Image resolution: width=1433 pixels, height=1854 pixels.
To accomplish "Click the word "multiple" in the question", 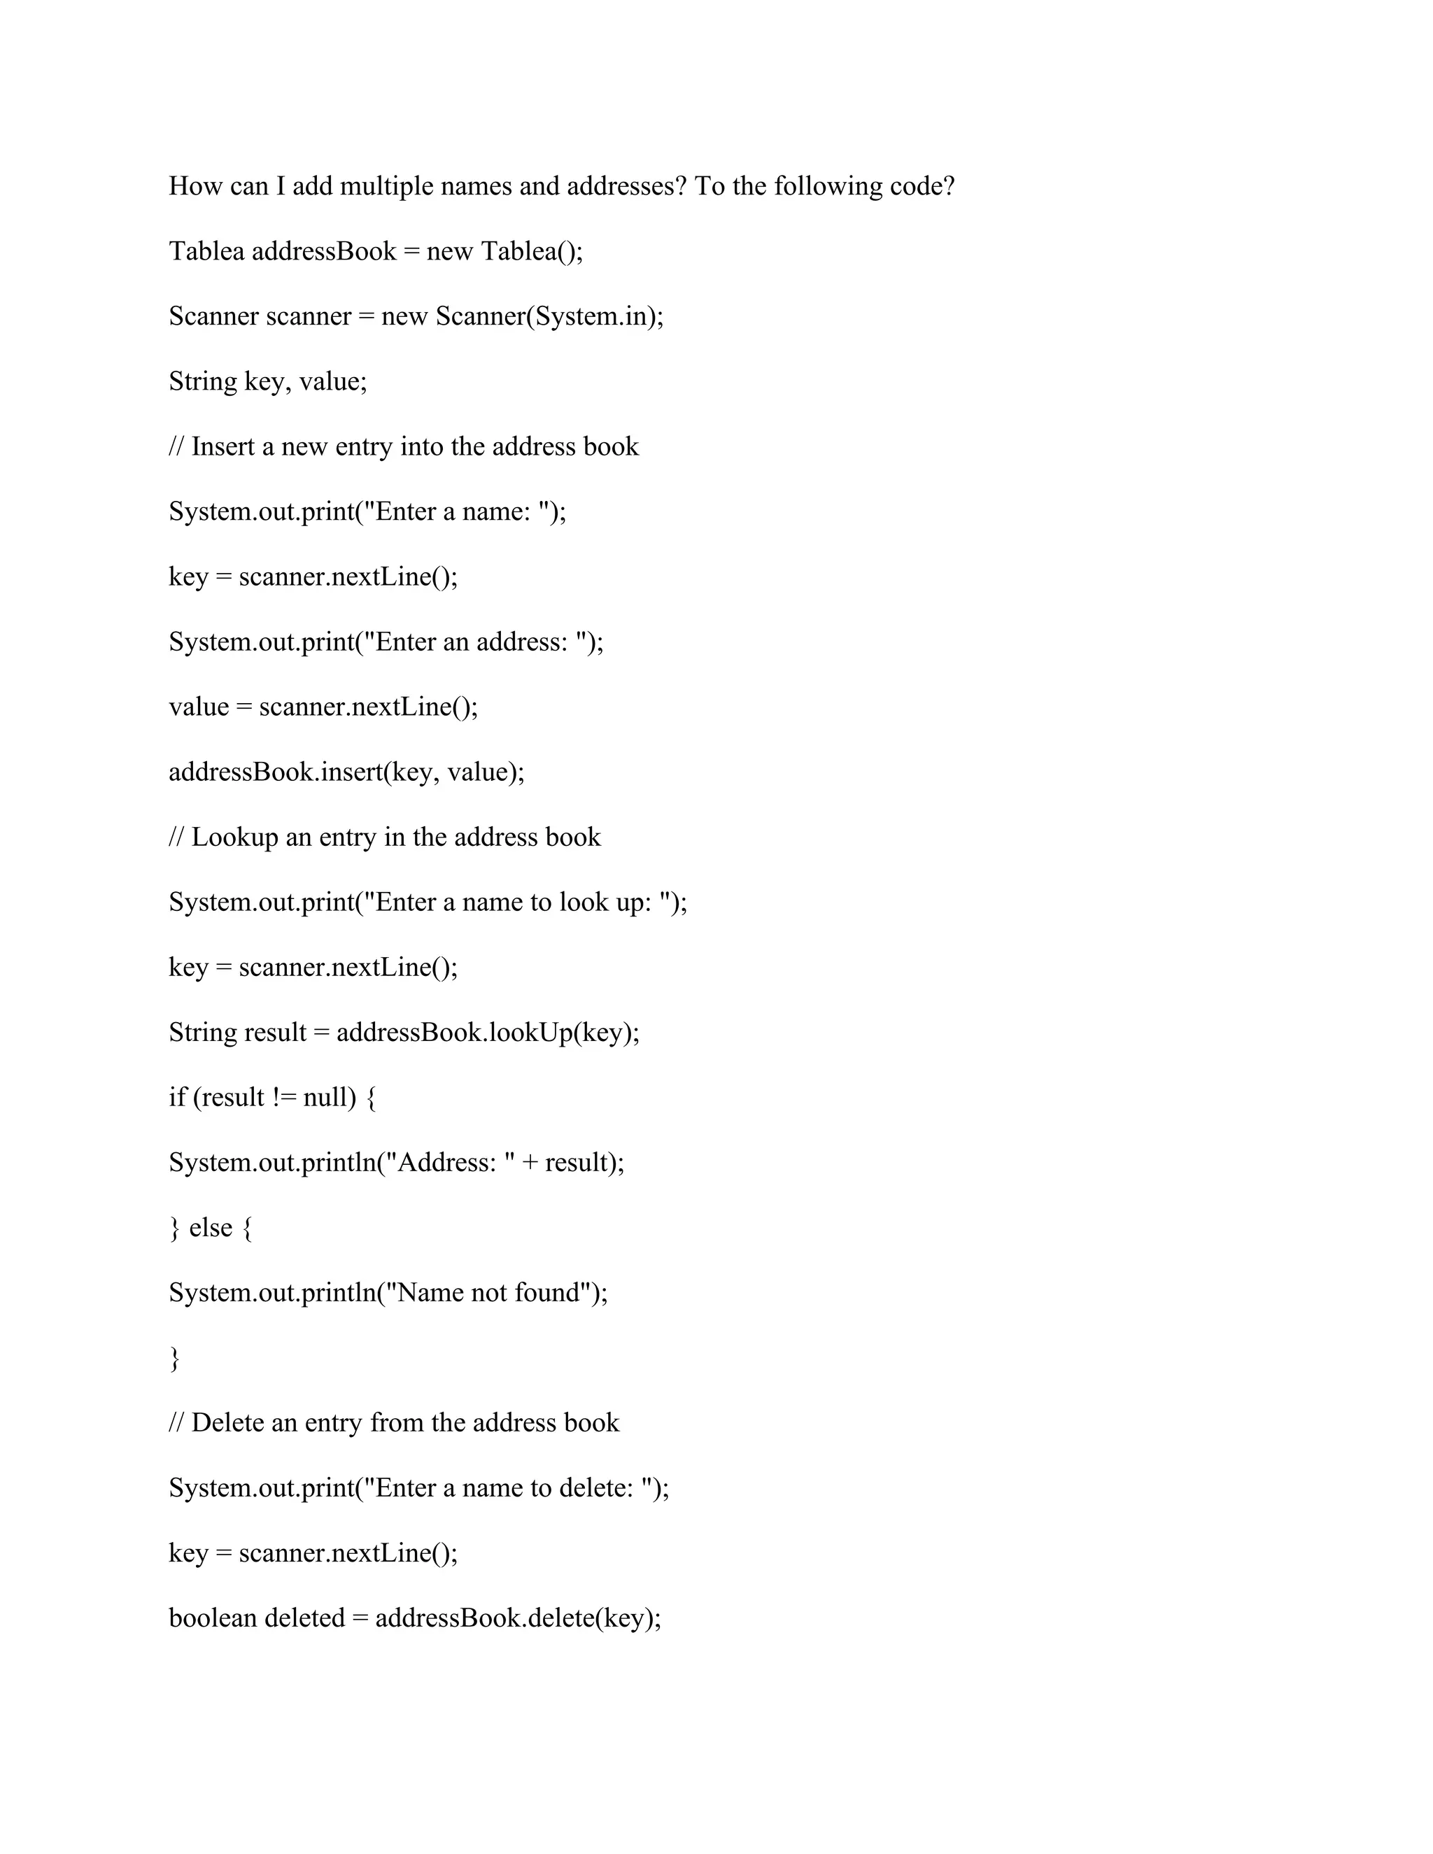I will (x=386, y=186).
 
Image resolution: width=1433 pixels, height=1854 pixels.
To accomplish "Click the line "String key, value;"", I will (x=267, y=381).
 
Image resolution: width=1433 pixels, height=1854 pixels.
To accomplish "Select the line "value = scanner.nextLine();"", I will (x=323, y=707).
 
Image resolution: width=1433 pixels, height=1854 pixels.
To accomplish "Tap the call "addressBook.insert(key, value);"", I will (x=346, y=772).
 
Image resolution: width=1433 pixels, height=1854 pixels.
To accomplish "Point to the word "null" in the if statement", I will (x=325, y=1097).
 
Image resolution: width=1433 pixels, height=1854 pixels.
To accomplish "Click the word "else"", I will (x=211, y=1228).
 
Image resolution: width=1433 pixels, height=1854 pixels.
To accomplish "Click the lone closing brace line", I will (x=175, y=1357).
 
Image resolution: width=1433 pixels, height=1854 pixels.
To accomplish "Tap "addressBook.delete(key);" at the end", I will (x=518, y=1618).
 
